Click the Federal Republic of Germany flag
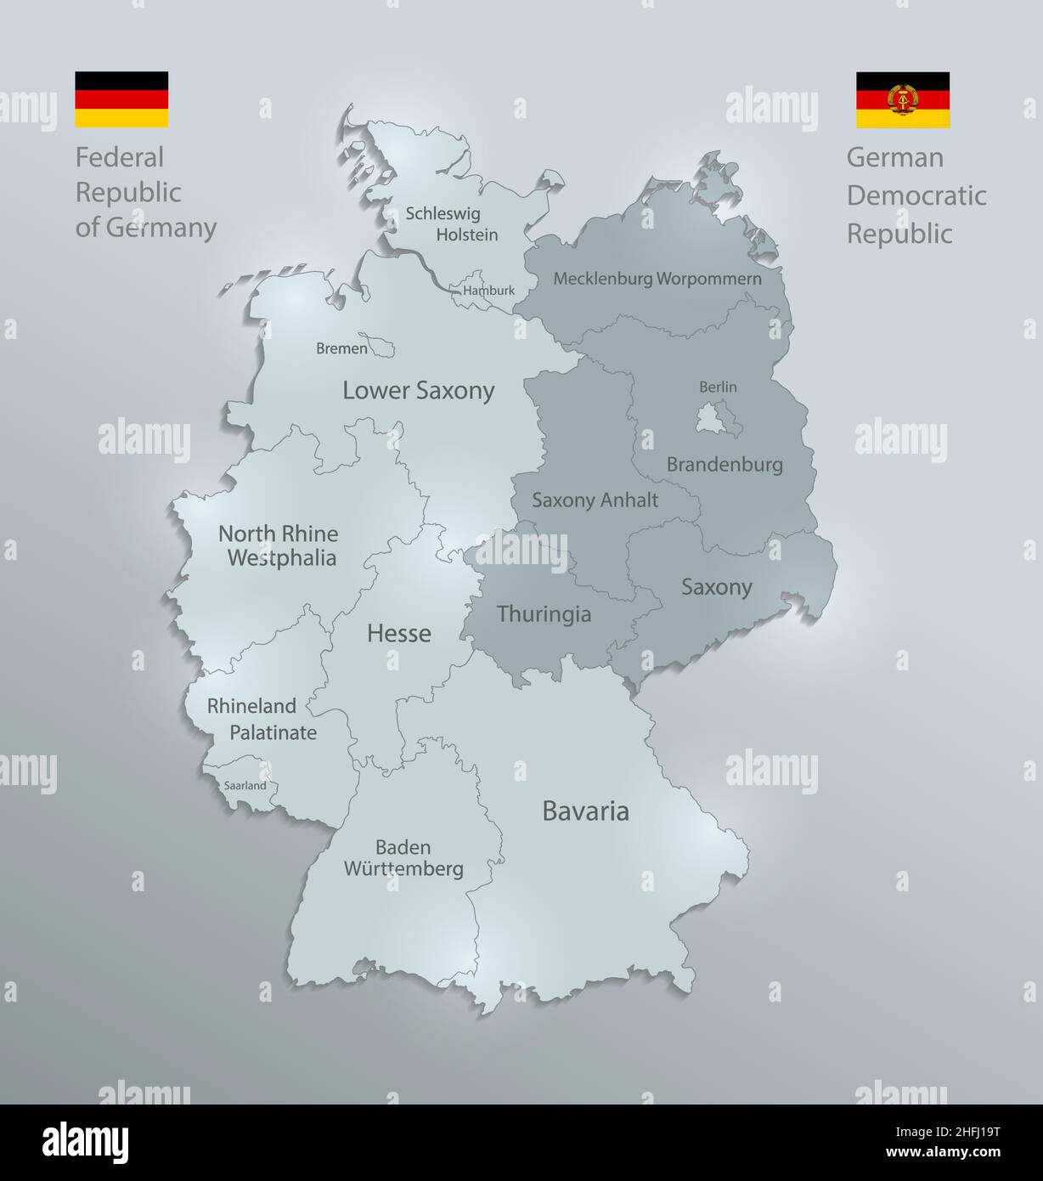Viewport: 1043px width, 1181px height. click(121, 99)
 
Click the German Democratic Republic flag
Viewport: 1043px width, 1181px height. click(902, 99)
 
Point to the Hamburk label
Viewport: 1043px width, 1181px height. click(488, 291)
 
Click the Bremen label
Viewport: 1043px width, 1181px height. click(341, 348)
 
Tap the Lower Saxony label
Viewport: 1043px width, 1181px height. click(418, 391)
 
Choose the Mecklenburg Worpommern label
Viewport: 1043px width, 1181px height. click(657, 279)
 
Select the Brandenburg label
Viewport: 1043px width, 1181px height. click(724, 465)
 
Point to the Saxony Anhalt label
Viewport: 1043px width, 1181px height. click(595, 500)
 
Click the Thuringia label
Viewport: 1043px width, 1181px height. click(544, 614)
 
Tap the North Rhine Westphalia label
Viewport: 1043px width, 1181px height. click(278, 545)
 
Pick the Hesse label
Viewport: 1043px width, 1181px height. click(398, 634)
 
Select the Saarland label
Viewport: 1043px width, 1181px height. click(245, 786)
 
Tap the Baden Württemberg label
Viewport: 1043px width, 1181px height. click(403, 858)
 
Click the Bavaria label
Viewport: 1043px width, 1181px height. click(585, 811)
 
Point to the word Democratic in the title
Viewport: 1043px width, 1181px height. click(916, 195)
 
